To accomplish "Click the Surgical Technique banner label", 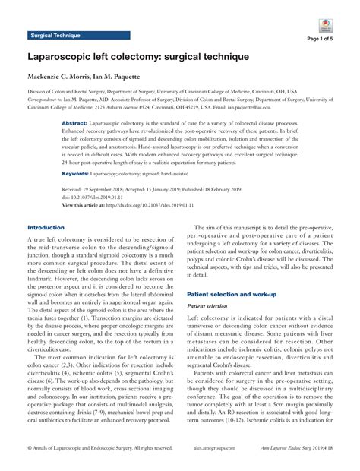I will [57, 35].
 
